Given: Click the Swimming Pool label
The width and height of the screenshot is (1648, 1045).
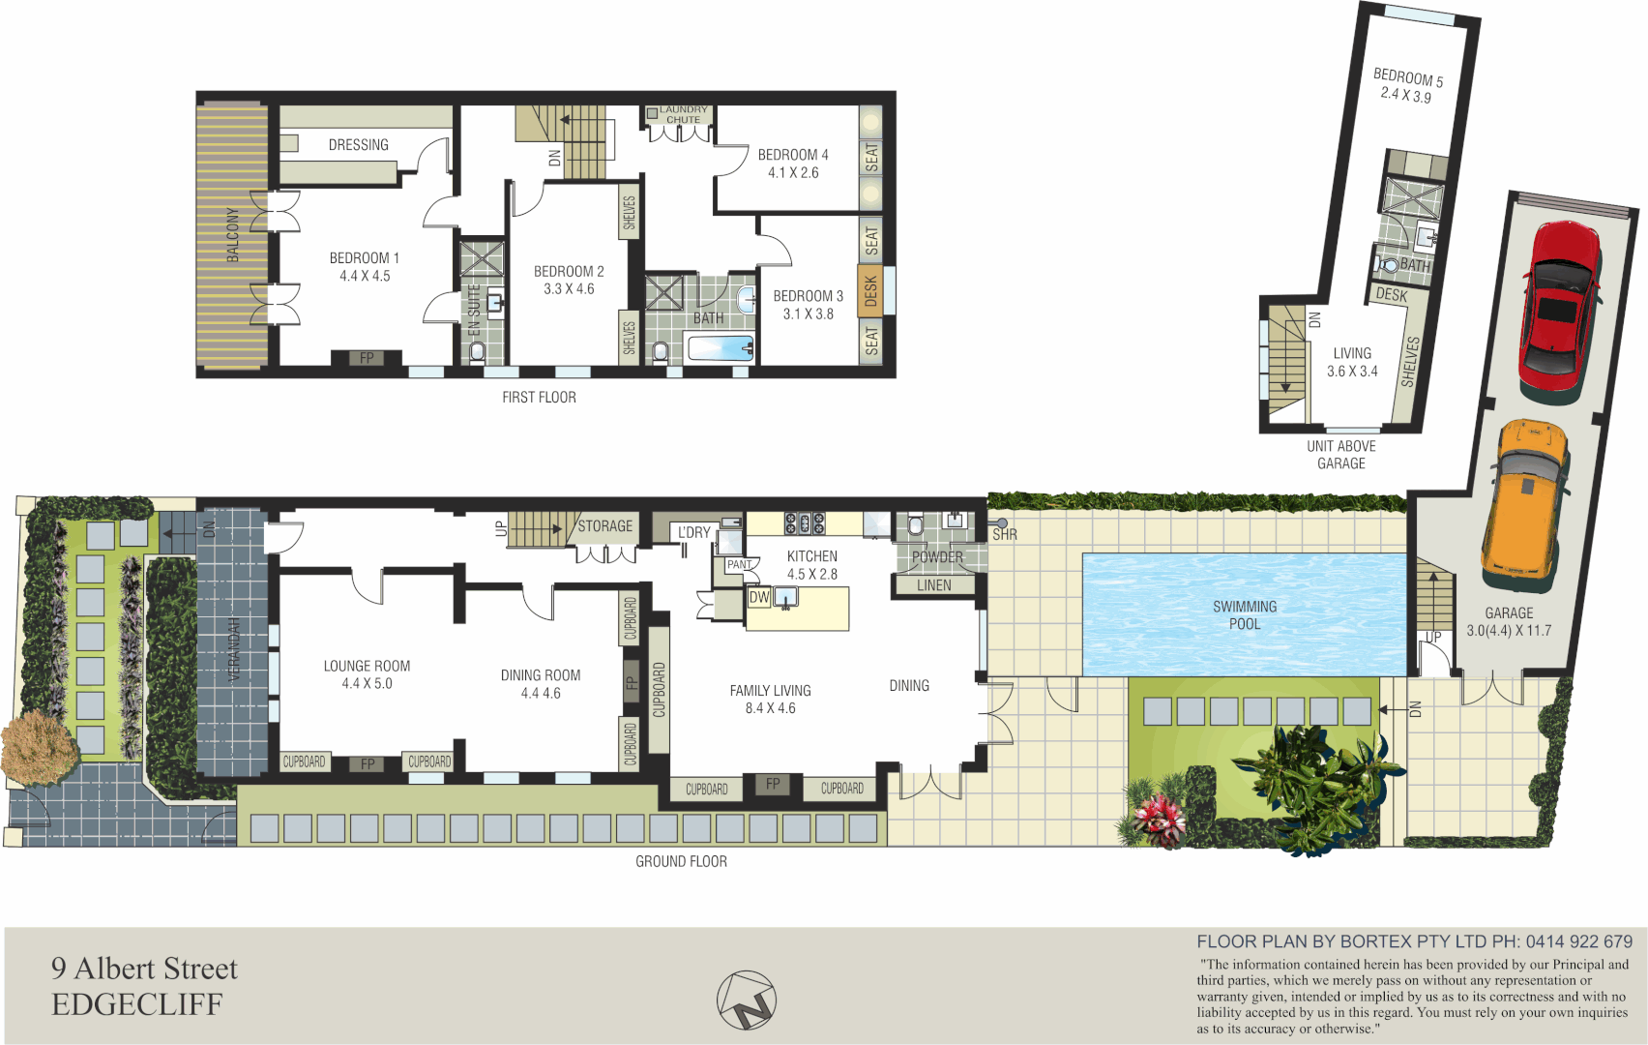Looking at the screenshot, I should [x=1245, y=615].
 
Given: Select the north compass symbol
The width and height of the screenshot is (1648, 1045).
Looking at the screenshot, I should [x=747, y=1000].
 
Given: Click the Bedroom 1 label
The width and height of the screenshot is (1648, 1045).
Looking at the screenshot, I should [x=364, y=258].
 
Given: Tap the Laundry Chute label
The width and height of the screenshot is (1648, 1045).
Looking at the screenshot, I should [x=684, y=114].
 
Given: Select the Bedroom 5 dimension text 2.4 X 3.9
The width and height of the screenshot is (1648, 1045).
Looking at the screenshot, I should [x=1405, y=95].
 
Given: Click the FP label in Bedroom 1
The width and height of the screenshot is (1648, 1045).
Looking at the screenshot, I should [x=367, y=358].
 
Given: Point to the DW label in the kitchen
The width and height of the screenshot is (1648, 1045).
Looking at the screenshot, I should [x=759, y=597].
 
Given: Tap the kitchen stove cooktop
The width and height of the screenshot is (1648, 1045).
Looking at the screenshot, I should [x=805, y=523].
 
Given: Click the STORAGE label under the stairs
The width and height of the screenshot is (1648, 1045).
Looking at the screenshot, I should [x=604, y=526].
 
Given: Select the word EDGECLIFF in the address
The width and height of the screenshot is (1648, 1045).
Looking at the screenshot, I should [x=137, y=1004].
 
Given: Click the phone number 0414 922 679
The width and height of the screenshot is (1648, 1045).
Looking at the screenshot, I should [x=1578, y=941].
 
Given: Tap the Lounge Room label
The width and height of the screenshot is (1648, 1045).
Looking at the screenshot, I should [x=367, y=666].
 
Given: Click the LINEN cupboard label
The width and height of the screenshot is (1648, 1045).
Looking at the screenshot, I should [x=933, y=585].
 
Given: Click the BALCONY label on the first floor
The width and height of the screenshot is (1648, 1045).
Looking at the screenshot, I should [x=232, y=234].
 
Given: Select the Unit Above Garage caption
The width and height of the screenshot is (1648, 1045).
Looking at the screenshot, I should [x=1340, y=455].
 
